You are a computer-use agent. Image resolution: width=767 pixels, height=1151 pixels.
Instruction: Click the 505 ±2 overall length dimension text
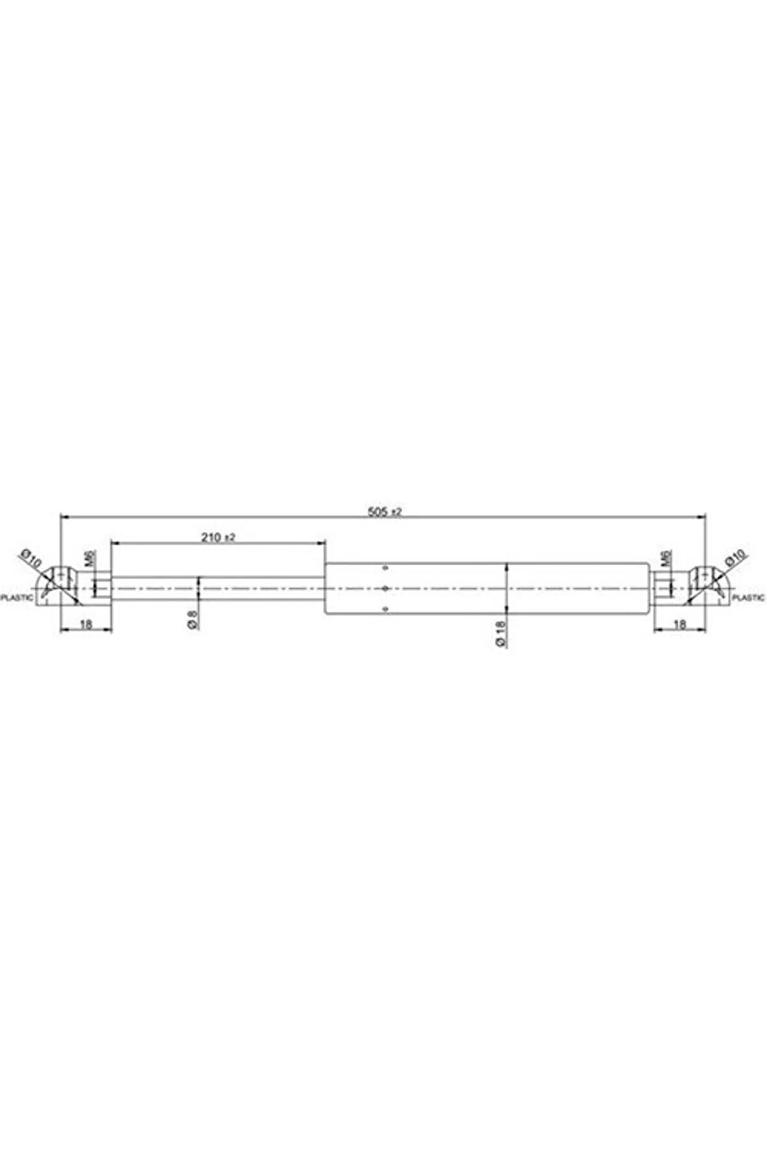[x=385, y=512]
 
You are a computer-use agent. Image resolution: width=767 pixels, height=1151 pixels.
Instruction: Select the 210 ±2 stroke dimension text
[x=218, y=537]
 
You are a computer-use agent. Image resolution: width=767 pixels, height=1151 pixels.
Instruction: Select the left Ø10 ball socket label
[x=31, y=557]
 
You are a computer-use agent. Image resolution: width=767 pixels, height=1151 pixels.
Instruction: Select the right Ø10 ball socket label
[x=736, y=557]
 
